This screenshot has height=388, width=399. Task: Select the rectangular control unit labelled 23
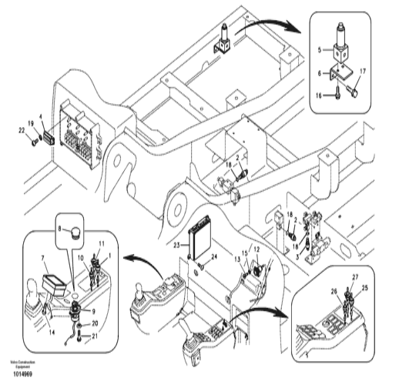point(202,236)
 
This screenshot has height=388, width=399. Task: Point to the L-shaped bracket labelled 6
point(337,77)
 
